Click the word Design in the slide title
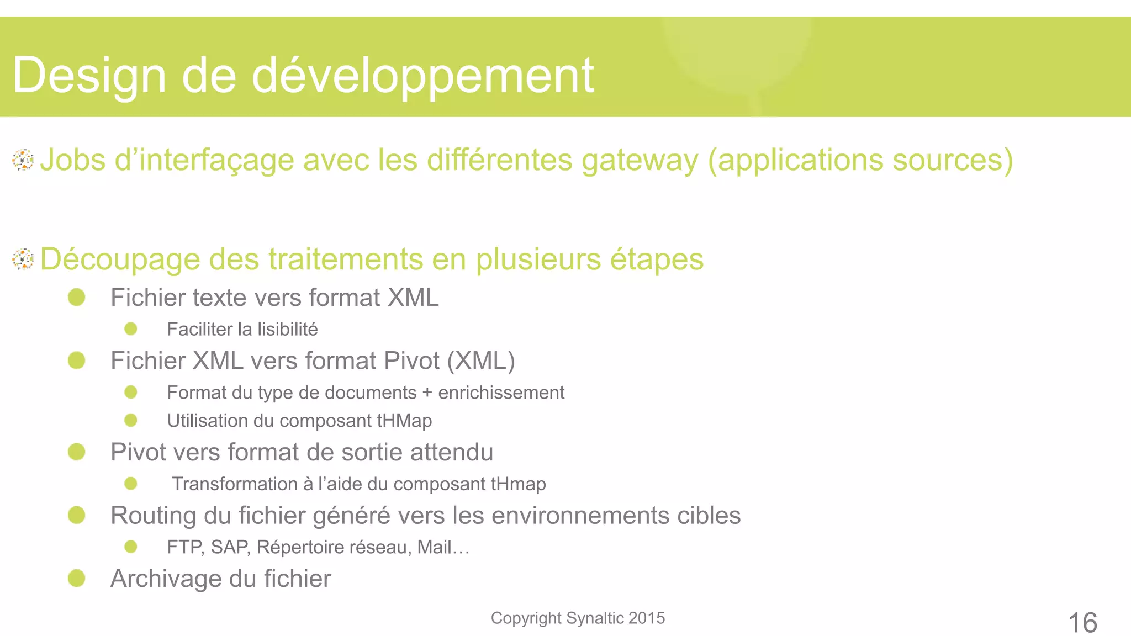tap(89, 76)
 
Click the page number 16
tap(1082, 623)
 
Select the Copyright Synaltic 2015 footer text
tap(578, 618)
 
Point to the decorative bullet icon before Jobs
tap(23, 160)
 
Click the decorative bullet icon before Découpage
tap(23, 259)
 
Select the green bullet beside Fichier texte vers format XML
tap(77, 298)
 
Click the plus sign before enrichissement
tap(427, 393)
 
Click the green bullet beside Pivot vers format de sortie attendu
tap(77, 452)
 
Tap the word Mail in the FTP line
tap(435, 547)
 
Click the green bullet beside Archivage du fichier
tap(77, 579)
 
